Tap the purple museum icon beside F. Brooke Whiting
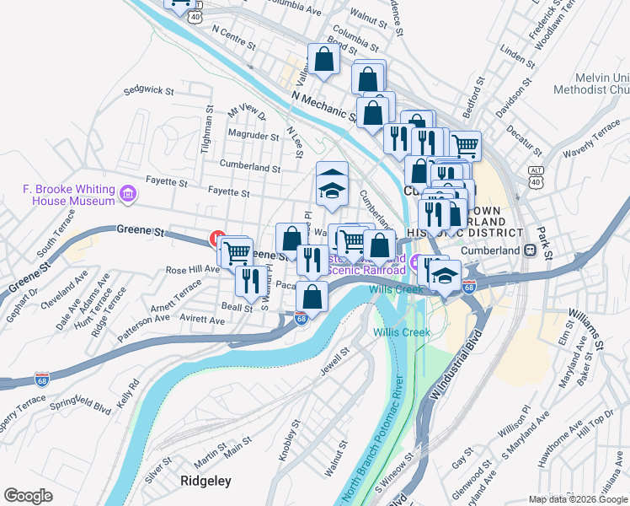(x=128, y=196)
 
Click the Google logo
(x=28, y=496)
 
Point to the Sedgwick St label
(x=147, y=89)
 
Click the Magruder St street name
(x=254, y=135)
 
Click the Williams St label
(x=585, y=329)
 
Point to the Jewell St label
(x=334, y=360)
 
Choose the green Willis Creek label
(x=402, y=332)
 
